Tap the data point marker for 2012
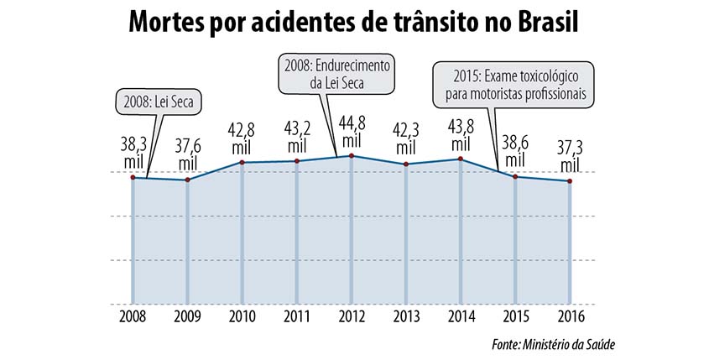coord(352,156)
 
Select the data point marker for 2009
coord(187,180)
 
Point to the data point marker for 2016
coord(571,182)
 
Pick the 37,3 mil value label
coord(571,161)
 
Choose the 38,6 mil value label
coord(515,154)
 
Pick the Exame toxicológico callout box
coord(514,83)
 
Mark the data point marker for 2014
coord(461,159)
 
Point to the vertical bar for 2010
coord(242,235)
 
